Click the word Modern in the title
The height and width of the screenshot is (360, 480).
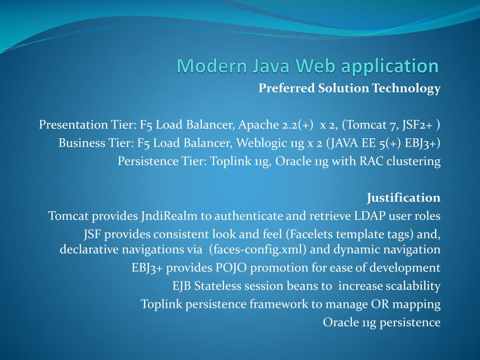(x=212, y=66)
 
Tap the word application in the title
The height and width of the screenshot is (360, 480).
(x=390, y=67)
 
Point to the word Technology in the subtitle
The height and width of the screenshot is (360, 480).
(x=406, y=89)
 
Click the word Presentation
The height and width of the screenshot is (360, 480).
(x=73, y=125)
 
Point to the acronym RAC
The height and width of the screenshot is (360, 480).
(x=371, y=161)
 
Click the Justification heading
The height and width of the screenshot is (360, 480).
(x=404, y=198)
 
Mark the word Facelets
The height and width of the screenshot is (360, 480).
(x=311, y=234)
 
